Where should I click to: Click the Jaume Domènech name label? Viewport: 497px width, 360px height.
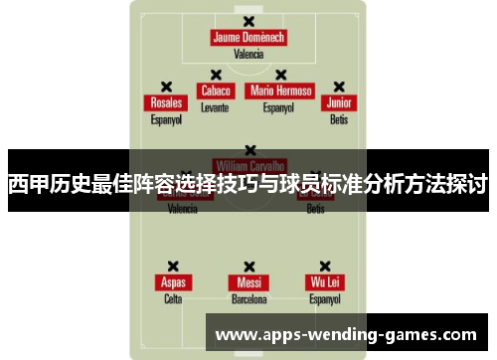[x=248, y=38]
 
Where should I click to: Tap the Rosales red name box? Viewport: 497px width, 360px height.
[x=166, y=102]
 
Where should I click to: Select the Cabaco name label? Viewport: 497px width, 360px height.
[x=216, y=90]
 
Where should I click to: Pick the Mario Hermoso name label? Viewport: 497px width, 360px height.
[x=281, y=90]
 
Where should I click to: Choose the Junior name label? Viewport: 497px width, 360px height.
[x=339, y=102]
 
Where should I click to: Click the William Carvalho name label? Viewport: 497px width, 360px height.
[x=249, y=164]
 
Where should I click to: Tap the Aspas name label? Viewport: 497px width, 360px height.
[x=173, y=282]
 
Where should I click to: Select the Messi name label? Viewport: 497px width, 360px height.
[x=248, y=282]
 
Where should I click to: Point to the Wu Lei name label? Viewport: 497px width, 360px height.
[x=325, y=282]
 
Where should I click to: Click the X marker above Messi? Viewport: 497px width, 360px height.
[x=248, y=266]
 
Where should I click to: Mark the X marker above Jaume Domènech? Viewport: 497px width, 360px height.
[x=248, y=21]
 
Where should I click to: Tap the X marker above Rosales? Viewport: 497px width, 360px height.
[x=166, y=86]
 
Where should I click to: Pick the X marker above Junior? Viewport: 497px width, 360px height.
[x=339, y=86]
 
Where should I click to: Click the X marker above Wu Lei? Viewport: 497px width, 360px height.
[x=325, y=266]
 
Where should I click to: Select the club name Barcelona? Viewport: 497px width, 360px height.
[x=248, y=298]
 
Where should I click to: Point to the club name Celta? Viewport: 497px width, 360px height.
[x=173, y=298]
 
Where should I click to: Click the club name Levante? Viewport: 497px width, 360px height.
[x=215, y=106]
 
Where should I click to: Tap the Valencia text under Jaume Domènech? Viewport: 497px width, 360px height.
[x=248, y=55]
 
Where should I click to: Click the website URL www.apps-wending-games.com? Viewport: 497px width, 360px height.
[x=346, y=334]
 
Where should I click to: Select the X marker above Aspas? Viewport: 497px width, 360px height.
[x=173, y=266]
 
